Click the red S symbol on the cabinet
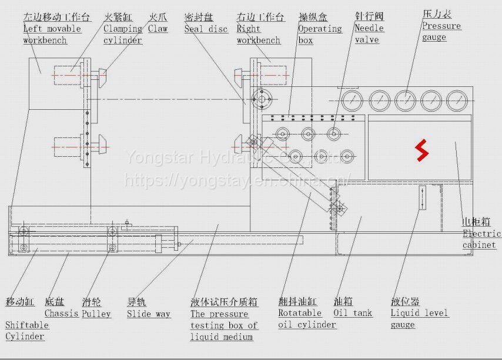point(421,151)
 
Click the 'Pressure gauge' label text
point(441,31)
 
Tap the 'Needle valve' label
point(369,33)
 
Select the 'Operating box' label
point(319,34)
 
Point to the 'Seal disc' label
point(206,29)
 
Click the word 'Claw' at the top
point(158,28)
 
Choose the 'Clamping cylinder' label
point(123,34)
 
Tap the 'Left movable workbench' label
point(52,34)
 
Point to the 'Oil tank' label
point(353,313)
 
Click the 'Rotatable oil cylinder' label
point(307,319)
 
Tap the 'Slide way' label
point(148,314)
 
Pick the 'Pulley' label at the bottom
point(96,314)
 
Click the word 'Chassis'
point(61,313)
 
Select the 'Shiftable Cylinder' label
point(27,330)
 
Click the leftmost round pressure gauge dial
point(352,101)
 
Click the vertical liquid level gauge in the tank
point(422,198)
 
